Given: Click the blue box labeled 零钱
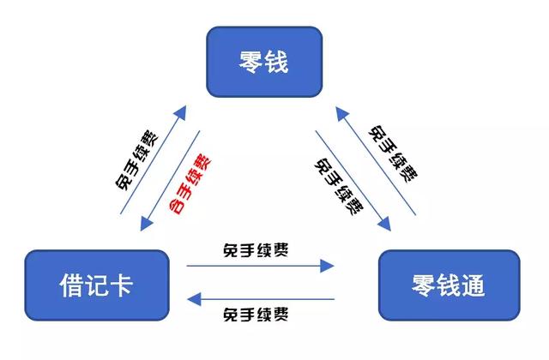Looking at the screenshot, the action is coord(264,62).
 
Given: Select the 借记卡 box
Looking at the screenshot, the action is coord(97,285).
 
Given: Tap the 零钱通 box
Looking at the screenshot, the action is coord(449,285).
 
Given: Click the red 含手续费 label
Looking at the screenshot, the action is coord(190,183).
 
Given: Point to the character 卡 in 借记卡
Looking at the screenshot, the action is coord(121,285).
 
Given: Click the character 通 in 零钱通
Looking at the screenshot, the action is coord(474,285).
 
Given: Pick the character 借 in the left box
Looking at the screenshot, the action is coord(72,285).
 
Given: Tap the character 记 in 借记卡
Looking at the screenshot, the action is coord(97,285).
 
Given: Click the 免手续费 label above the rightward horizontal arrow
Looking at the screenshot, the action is coord(256,250).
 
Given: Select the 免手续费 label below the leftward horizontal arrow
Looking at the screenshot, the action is coord(256,315).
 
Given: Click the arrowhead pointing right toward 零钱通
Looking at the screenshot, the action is coord(327,266).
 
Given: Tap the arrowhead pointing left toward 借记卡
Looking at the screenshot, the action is coord(194,299).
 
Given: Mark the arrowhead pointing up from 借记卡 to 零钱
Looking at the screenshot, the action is coord(179,112).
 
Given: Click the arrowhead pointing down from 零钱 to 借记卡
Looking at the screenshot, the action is coord(147,223).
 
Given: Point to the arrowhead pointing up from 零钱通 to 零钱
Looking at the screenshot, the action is coord(342,114).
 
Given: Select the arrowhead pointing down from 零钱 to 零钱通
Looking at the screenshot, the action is coord(384,224).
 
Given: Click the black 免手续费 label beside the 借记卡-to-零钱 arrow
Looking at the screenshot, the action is coord(136,160).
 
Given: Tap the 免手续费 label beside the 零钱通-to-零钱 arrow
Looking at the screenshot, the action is coord(393,154).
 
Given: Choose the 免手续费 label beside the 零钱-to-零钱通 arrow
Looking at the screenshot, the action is coord(339,186).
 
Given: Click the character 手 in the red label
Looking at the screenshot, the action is coord(184,190).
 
